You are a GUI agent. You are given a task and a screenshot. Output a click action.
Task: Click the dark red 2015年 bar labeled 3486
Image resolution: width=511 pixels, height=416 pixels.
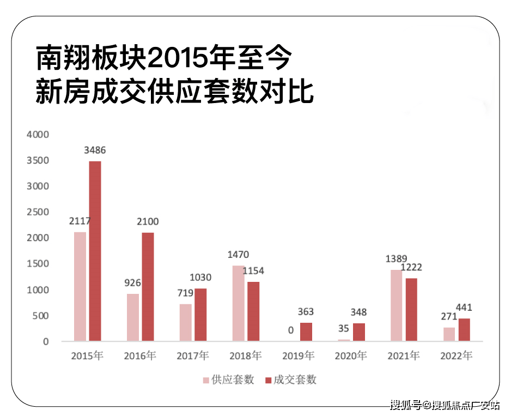click(x=95, y=251)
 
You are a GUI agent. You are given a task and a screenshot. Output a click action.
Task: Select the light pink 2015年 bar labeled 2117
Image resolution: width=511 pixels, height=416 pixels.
click(x=80, y=286)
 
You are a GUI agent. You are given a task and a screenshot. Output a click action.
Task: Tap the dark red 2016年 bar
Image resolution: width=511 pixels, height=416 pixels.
click(x=148, y=287)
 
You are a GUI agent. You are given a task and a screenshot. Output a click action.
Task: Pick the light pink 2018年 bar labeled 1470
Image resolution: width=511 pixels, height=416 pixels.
click(x=239, y=303)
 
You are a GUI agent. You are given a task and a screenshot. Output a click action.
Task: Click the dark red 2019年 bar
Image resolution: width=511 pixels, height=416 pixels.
click(x=306, y=331)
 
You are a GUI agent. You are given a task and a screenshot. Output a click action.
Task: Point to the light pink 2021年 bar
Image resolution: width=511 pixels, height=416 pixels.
click(x=397, y=305)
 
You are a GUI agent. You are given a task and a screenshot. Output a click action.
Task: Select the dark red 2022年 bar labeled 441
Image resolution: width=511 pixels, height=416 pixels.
click(x=464, y=330)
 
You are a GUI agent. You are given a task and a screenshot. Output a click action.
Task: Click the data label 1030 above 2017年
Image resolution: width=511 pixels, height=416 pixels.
click(x=200, y=278)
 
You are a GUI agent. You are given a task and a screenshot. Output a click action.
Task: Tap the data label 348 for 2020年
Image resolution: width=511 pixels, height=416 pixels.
click(x=358, y=312)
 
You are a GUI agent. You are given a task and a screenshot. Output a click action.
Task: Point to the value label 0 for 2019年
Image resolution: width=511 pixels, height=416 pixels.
click(x=291, y=330)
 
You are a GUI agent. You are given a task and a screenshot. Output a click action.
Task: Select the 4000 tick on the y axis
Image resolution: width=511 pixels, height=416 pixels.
click(x=38, y=134)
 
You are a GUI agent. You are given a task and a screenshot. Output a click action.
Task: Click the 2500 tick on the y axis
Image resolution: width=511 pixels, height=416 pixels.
click(x=38, y=212)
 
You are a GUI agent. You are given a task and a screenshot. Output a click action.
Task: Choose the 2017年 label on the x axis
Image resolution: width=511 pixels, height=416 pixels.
click(x=192, y=356)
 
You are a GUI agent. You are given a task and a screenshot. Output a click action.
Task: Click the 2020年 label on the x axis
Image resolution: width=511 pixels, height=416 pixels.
click(x=351, y=356)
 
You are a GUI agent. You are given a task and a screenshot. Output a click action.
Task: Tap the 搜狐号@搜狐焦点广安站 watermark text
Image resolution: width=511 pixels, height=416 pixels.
click(x=444, y=405)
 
